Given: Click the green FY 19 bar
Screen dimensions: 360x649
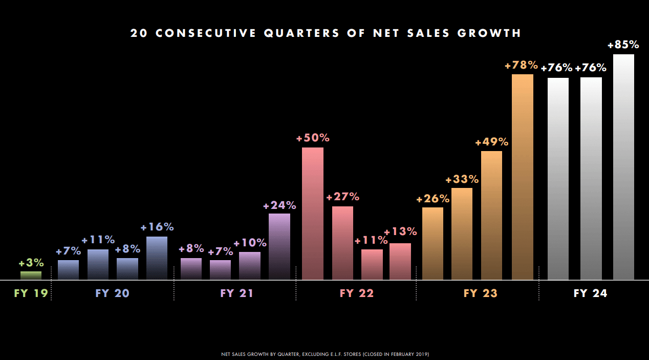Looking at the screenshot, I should pos(31,276).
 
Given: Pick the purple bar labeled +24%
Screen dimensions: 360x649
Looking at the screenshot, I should pos(279,247).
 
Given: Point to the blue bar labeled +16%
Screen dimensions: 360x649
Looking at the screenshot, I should pos(157,258).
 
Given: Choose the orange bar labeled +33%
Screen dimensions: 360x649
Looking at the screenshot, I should pos(462,234).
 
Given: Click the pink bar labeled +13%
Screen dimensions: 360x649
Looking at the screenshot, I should pos(400,262).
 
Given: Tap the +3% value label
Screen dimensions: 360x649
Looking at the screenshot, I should pos(31,263).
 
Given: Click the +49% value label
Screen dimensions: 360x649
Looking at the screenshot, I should pos(491,142).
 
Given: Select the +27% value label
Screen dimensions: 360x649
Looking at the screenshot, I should pos(342,197).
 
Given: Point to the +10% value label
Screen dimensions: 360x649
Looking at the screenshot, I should pos(250,243).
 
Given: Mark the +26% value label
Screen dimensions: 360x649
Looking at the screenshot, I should pos(432,199).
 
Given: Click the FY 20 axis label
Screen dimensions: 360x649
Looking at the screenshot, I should pos(113,293).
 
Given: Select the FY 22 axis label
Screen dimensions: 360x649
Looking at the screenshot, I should pos(357,293).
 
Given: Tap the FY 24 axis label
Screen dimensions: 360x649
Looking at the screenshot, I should pos(590,293).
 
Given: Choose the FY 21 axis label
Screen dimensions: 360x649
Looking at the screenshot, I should pos(237,293).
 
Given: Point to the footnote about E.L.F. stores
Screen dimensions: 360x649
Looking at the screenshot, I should pos(325,354).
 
